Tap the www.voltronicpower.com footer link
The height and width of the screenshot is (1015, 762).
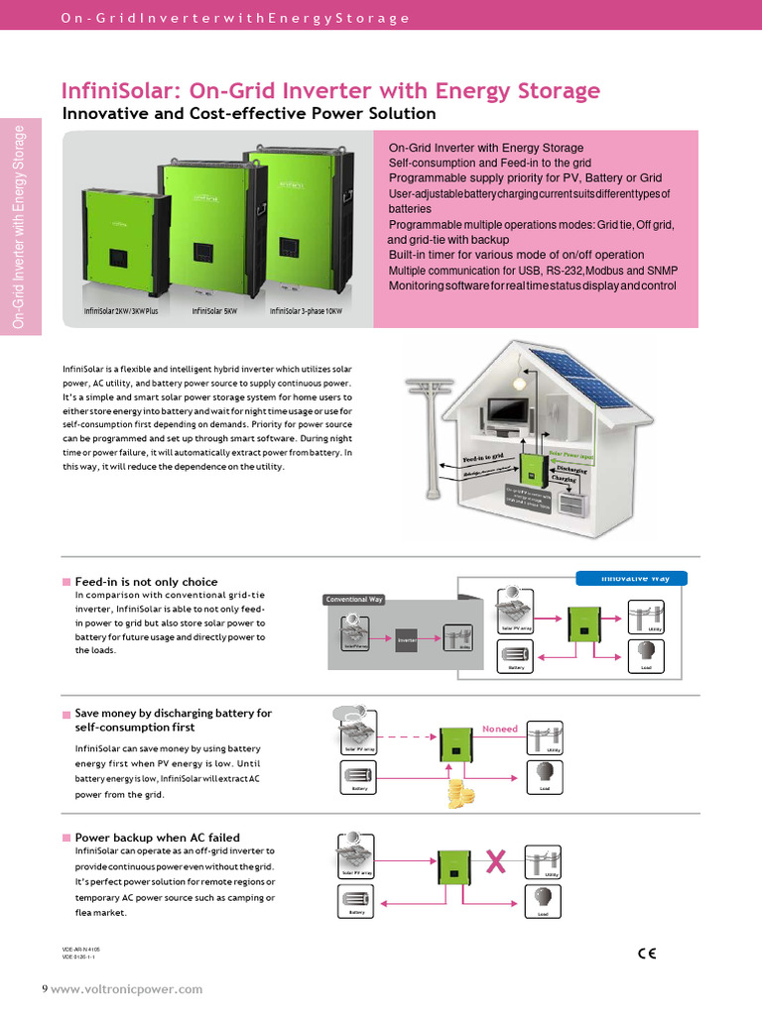point(126,988)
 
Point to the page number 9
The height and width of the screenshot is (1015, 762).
point(44,988)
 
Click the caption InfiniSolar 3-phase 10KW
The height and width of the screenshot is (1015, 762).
point(306,310)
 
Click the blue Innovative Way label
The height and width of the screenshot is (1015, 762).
point(631,578)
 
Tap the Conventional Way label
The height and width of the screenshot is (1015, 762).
point(354,599)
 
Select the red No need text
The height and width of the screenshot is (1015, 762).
point(500,729)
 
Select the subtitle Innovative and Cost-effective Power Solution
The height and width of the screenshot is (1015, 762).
point(249,113)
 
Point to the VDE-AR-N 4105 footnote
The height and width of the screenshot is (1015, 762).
point(81,949)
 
